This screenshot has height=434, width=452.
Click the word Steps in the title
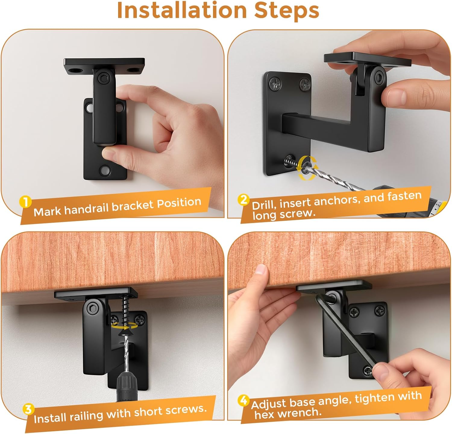(x=287, y=11)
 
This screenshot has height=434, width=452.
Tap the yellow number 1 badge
(x=25, y=202)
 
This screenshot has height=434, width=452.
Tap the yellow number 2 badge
(x=243, y=200)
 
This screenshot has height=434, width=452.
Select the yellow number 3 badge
(x=28, y=410)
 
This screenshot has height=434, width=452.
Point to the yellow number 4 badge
(x=243, y=401)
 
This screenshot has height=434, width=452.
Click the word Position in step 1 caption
(x=179, y=203)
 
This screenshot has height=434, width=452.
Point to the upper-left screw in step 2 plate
(x=275, y=83)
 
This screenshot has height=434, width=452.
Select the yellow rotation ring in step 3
(x=124, y=326)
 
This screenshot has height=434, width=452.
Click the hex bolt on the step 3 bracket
(x=91, y=308)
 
